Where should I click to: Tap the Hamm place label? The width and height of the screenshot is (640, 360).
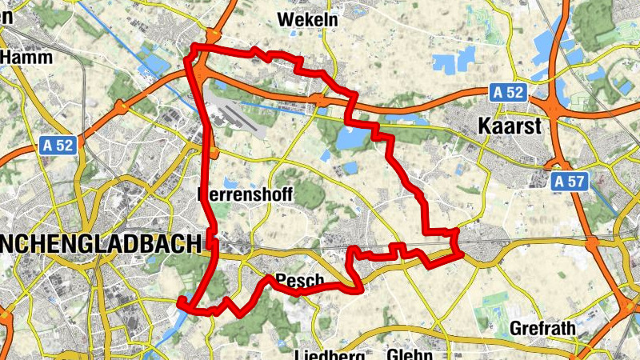[x=27, y=58]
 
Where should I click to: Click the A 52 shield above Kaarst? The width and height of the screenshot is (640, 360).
[x=508, y=93]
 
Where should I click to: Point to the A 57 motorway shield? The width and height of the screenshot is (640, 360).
[x=569, y=182]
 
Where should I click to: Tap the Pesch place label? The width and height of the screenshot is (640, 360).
[x=298, y=280]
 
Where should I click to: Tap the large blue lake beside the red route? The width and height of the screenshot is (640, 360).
[x=350, y=138]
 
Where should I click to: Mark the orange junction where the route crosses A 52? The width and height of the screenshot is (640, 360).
[x=320, y=100]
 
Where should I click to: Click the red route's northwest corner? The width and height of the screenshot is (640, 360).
[x=192, y=50]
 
